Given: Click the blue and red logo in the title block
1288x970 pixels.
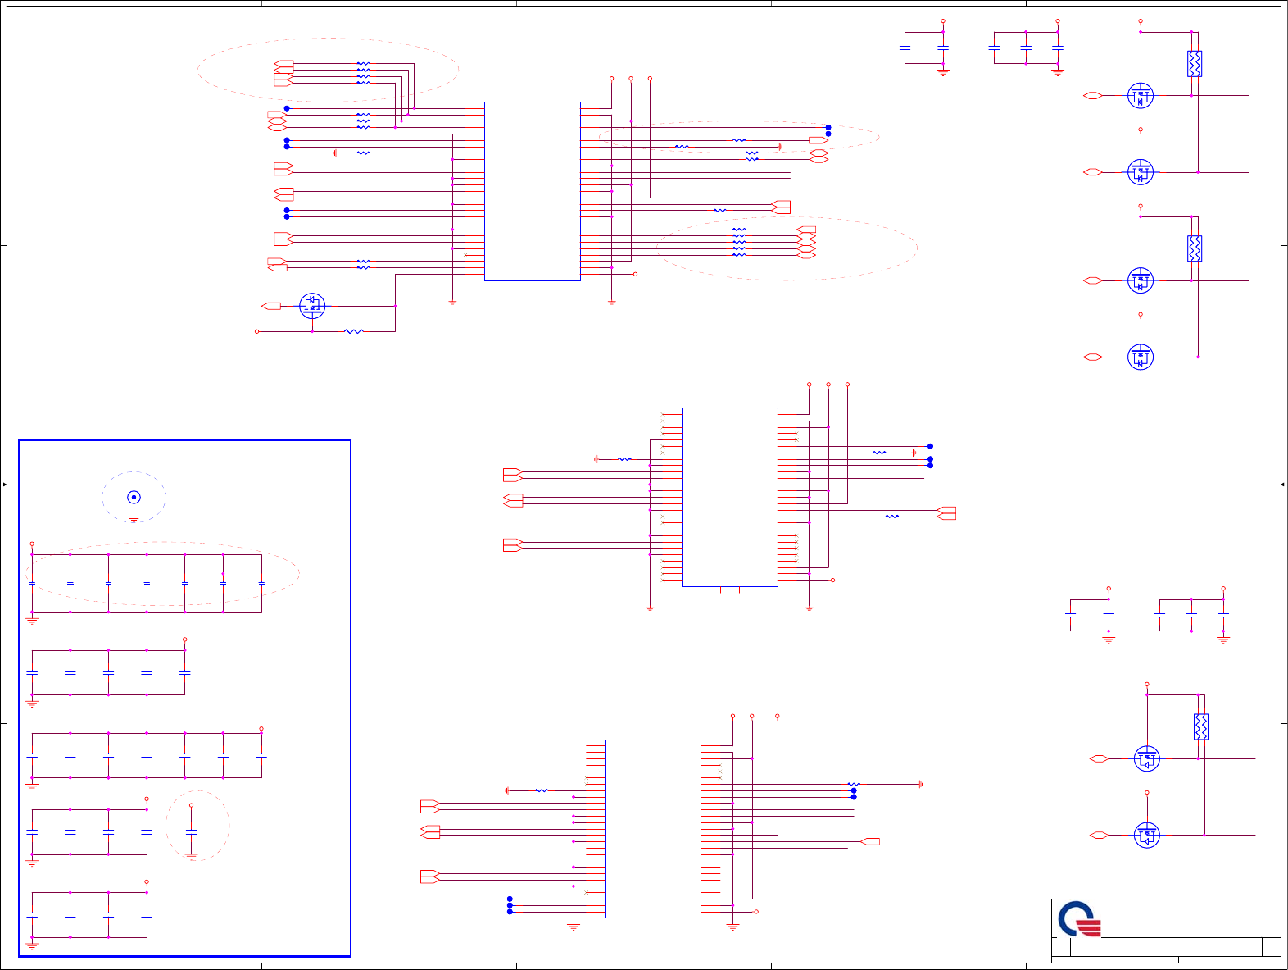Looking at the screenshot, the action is coord(1078,919).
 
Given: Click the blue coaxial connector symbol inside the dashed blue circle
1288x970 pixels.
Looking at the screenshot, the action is coord(134,498).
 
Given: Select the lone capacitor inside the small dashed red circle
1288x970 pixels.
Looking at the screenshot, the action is coord(191,831).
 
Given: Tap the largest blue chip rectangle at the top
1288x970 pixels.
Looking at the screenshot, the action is coord(532,191).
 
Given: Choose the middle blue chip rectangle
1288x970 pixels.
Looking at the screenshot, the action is coord(729,497).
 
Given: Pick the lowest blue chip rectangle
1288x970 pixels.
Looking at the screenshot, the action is coord(653,828).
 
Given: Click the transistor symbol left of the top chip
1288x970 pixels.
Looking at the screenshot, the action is coord(312,306).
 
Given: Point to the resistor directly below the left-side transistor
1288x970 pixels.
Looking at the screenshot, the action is coord(353,331).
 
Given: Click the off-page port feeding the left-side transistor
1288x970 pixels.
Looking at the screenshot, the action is coord(271,306).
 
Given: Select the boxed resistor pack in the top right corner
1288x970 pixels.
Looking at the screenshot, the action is coord(1195,64).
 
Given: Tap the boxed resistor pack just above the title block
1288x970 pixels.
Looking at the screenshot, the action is coord(1200,726).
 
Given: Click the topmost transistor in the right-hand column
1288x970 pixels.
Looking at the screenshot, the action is coord(1141,96).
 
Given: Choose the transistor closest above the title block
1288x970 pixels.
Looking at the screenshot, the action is coord(1146,836).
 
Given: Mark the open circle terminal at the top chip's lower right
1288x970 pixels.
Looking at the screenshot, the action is coord(635,274).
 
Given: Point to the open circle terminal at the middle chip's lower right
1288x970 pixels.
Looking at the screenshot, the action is coord(832,580).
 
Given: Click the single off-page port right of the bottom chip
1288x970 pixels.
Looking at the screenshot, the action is coord(871,841).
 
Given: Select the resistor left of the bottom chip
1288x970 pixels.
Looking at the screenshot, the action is coord(541,790).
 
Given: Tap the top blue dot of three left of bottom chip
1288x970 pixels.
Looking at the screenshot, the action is coord(510,899).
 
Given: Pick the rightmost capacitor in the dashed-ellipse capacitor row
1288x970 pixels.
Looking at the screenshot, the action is coord(261,584).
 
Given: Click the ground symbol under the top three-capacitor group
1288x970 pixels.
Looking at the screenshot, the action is coord(1057,73).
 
